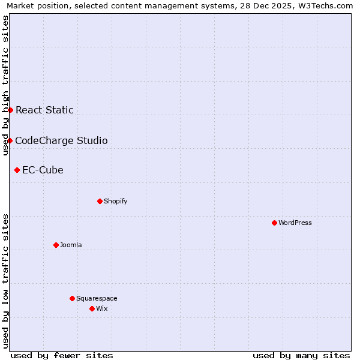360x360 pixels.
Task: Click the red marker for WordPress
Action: [x=274, y=223]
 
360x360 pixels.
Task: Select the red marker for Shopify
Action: [x=100, y=201]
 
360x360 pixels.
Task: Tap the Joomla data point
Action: [x=56, y=245]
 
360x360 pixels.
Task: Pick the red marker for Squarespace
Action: [x=72, y=298]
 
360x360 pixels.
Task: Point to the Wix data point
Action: [x=92, y=308]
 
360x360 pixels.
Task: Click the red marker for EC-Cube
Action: [x=17, y=170]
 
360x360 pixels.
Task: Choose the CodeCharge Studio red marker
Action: [x=10, y=140]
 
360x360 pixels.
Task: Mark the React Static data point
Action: [x=10, y=110]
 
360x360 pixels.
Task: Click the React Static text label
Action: [x=44, y=110]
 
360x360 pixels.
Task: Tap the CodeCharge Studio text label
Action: [x=61, y=141]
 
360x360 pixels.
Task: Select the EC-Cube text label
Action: [x=43, y=170]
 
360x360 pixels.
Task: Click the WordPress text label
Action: [x=295, y=223]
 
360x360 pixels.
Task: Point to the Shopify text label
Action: [x=116, y=201]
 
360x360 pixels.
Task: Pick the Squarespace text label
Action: [x=97, y=298]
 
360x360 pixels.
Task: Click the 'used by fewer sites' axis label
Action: [x=62, y=355]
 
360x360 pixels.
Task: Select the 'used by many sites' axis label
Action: [x=301, y=355]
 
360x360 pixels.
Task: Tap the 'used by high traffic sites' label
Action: [x=5, y=85]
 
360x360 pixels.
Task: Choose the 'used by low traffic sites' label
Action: [x=5, y=281]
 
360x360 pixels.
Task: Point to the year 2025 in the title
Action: [x=282, y=5]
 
